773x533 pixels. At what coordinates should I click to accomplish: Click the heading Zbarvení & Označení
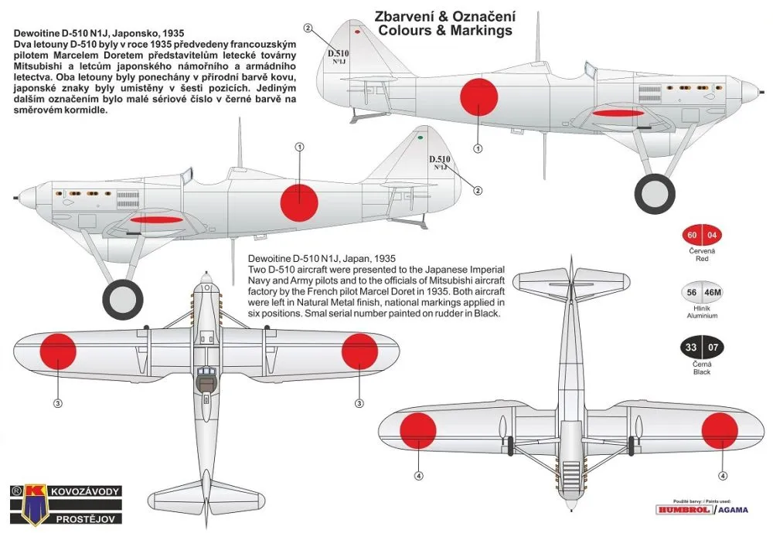(x=444, y=16)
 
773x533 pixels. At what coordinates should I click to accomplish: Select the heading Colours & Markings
(x=444, y=31)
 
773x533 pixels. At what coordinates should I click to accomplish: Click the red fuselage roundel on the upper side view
(x=479, y=97)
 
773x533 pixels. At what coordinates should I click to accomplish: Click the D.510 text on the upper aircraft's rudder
(x=338, y=54)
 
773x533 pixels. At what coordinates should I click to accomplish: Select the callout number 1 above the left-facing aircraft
(x=299, y=146)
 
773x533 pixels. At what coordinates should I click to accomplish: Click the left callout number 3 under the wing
(x=57, y=402)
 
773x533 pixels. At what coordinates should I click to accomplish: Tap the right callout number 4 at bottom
(x=722, y=476)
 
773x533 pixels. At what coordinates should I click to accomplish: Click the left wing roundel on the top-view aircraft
(x=57, y=349)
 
